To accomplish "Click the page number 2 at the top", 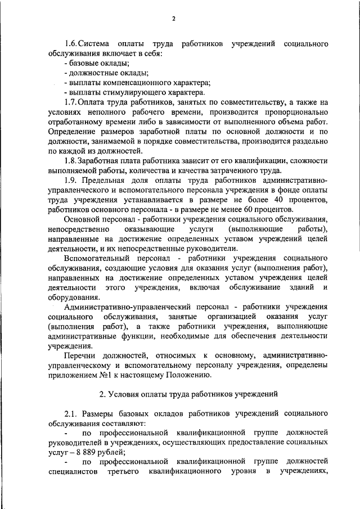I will [174, 19].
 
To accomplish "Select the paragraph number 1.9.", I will [71, 181].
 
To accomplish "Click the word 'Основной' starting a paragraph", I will [82, 219].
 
